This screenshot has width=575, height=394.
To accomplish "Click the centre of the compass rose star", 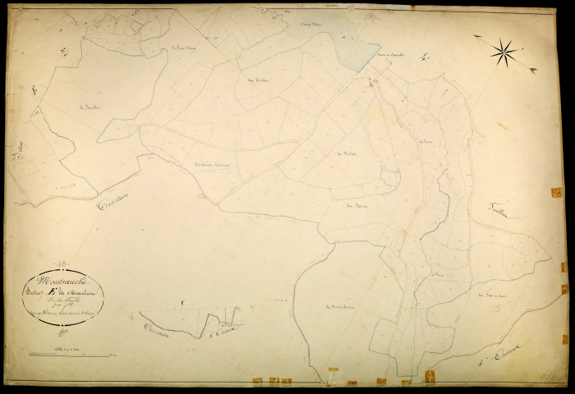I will tap(504, 53).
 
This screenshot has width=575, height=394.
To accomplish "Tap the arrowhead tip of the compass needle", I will tap(535, 71).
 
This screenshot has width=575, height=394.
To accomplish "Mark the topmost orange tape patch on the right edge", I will tap(556, 192).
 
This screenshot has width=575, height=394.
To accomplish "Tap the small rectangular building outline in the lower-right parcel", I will tap(495, 309).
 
